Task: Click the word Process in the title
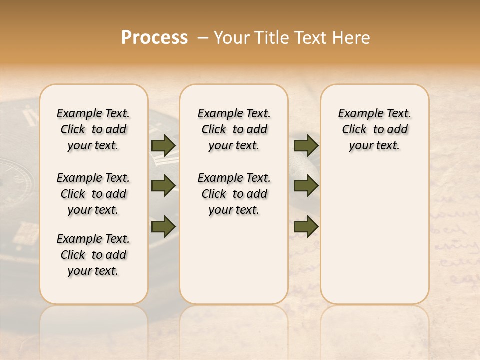pyautogui.click(x=154, y=37)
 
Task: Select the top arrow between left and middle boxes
pyautogui.click(x=163, y=145)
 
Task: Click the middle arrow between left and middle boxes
pyautogui.click(x=163, y=186)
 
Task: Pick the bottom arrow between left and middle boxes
pyautogui.click(x=163, y=227)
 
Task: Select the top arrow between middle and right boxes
pyautogui.click(x=306, y=145)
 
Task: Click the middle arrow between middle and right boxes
pyautogui.click(x=306, y=186)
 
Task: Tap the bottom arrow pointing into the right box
pyautogui.click(x=306, y=227)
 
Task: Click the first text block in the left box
pyautogui.click(x=93, y=129)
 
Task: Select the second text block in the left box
pyautogui.click(x=93, y=194)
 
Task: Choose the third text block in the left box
pyautogui.click(x=93, y=255)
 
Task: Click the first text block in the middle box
pyautogui.click(x=234, y=129)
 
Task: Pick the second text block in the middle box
pyautogui.click(x=234, y=194)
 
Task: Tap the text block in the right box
pyautogui.click(x=375, y=129)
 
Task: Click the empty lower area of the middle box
pyautogui.click(x=234, y=260)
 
